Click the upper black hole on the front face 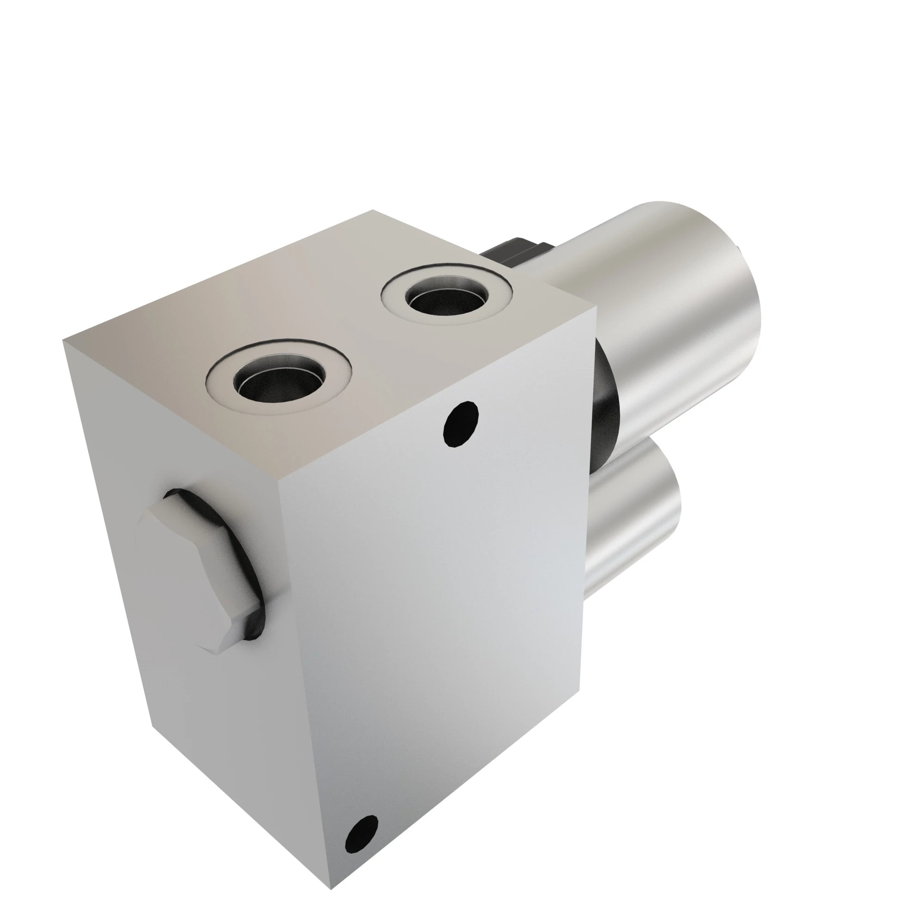461,424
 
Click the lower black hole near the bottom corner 362,833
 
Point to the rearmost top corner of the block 372,210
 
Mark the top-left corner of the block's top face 63,340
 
